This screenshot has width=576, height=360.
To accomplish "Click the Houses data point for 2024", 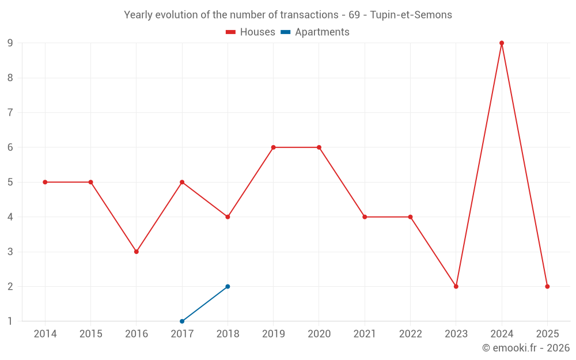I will click(x=502, y=43).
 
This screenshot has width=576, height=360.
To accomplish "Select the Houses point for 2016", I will click(x=137, y=252).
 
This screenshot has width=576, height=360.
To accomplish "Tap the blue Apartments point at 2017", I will click(x=182, y=321).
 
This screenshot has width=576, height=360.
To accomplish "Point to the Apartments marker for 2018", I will click(x=228, y=286).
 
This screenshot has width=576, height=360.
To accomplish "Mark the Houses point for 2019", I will click(x=274, y=147).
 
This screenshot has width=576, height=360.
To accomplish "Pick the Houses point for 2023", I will click(x=456, y=286).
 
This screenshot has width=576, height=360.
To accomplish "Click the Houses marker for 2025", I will click(x=547, y=286).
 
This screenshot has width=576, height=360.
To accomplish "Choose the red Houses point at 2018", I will click(x=228, y=217).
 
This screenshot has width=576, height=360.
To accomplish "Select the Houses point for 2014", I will click(x=45, y=182).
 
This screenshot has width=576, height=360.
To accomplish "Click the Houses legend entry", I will click(x=251, y=32).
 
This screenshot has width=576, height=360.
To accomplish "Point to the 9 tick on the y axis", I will click(x=10, y=43).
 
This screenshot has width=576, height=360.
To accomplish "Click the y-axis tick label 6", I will click(x=10, y=147).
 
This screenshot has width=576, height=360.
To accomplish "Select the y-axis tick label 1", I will click(x=10, y=321).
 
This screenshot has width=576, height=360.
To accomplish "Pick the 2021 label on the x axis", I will click(x=365, y=334).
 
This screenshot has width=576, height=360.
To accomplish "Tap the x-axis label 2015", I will click(x=90, y=334).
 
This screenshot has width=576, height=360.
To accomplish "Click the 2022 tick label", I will click(x=410, y=334).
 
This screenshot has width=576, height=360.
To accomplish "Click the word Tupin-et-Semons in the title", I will click(x=411, y=15).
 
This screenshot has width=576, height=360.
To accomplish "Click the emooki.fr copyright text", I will click(x=526, y=348).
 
